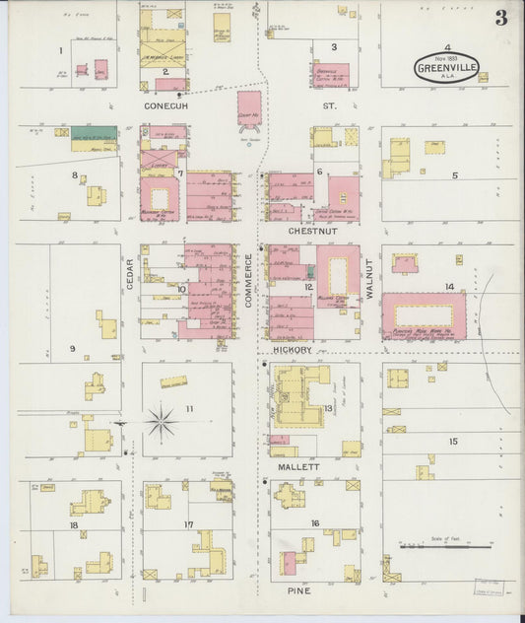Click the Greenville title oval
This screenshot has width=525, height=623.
pos(444,68)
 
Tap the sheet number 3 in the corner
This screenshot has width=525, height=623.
pos(501,18)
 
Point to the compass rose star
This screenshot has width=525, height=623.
pos(160,423)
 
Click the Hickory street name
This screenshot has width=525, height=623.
pos(293,350)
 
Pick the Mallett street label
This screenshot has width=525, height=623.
pos(299,466)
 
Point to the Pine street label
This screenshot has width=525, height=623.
pos(300,590)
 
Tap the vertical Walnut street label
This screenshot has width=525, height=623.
pos(370,279)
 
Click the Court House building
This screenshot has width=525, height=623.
pos(250,108)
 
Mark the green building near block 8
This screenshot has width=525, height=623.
pos(94,132)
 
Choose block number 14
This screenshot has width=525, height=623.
pos(449,287)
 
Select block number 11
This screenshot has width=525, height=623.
pos(188,408)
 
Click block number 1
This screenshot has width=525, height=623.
pos(60,50)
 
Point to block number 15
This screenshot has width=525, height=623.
pos(453,441)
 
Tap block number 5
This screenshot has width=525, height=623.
pos(454,176)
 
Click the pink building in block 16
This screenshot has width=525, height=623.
pos(290,563)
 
